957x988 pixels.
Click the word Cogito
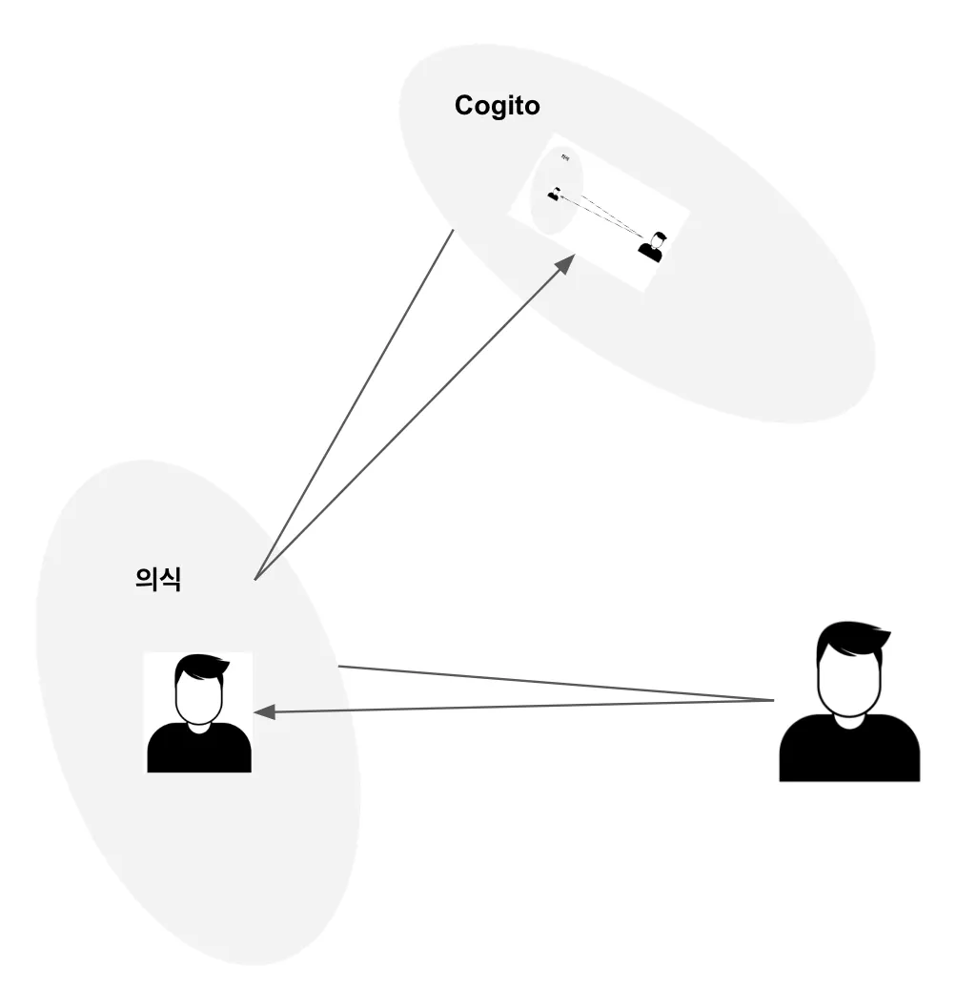coord(497,105)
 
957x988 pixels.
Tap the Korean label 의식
coord(158,579)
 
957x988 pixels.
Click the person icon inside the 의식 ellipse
coord(198,713)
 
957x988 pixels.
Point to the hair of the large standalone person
coord(853,637)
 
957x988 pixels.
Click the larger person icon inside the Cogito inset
coord(652,247)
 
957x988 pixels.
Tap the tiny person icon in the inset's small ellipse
coord(553,195)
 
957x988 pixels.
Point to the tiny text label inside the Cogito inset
coord(564,157)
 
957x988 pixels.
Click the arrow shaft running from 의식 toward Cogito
coord(410,420)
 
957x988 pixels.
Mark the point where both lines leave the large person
coord(773,702)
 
